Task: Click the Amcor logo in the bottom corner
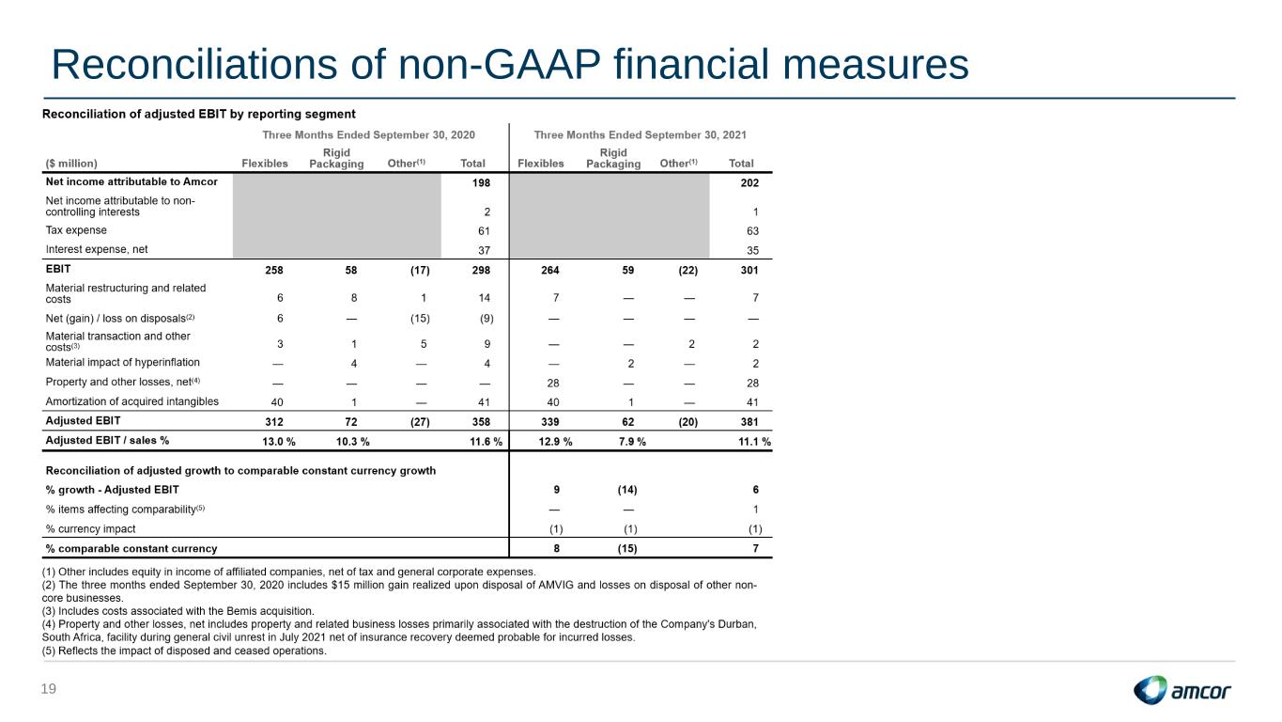tap(1182, 690)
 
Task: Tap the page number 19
tap(49, 689)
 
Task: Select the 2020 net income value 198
tap(481, 182)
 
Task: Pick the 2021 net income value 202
tap(749, 182)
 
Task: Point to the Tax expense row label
tap(76, 230)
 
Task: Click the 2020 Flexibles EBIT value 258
tap(273, 270)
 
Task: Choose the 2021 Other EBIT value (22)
tap(687, 270)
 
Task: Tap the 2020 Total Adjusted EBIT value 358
tap(481, 422)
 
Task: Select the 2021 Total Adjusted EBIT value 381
tap(749, 422)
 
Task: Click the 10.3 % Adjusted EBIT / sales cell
tap(352, 442)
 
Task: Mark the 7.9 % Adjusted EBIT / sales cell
tap(632, 442)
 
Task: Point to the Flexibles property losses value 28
tap(553, 384)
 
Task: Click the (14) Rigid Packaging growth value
tap(627, 490)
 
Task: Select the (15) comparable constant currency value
tap(627, 548)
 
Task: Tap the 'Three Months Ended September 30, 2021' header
tap(640, 135)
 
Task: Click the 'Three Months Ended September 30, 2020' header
tap(368, 135)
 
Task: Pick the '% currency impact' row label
tap(90, 529)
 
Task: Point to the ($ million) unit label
tap(71, 164)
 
